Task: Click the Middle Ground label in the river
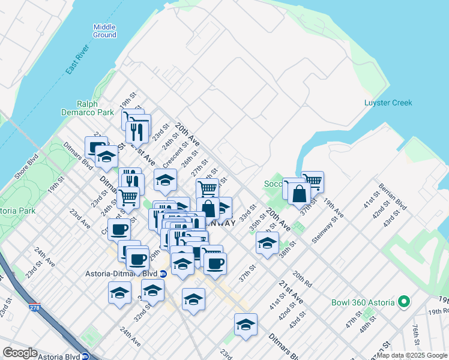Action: click(x=104, y=31)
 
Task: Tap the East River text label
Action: click(x=77, y=59)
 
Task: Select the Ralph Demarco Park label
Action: click(x=87, y=107)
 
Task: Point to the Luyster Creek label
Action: click(x=388, y=103)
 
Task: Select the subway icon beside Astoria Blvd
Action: click(x=86, y=355)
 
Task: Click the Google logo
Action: click(x=20, y=353)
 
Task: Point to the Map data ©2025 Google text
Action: click(x=411, y=355)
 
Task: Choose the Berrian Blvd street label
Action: click(x=392, y=197)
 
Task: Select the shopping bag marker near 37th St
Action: click(x=299, y=194)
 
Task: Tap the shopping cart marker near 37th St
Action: click(x=313, y=181)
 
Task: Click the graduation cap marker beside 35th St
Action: click(x=267, y=242)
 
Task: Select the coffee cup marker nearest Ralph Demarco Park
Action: click(x=96, y=147)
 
